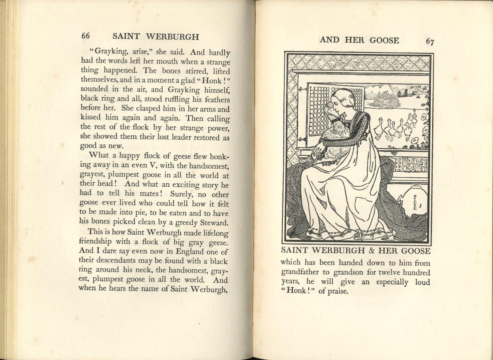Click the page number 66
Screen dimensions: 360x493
tap(85, 36)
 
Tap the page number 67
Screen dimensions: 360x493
tap(430, 42)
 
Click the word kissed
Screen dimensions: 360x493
tap(91, 118)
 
